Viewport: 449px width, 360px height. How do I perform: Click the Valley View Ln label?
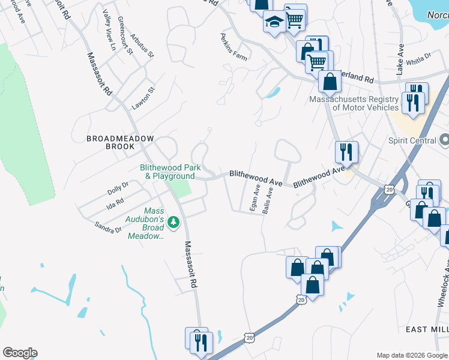109,30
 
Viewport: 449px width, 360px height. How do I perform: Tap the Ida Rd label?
115,204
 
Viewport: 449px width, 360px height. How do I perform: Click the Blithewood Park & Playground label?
167,172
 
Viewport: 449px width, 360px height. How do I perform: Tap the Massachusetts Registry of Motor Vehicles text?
354,103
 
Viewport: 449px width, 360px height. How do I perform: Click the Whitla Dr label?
419,59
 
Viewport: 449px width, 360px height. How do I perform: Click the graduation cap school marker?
274,23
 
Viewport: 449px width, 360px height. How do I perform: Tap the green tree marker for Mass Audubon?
174,223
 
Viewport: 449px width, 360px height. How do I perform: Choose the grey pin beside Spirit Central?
444,140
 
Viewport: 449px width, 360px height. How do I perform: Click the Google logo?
20,353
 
